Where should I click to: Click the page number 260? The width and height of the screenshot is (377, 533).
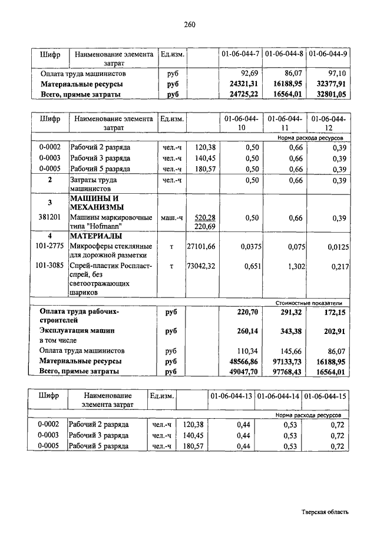188,24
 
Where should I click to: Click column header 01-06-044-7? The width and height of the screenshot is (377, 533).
240,55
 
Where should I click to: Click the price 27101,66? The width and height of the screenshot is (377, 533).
201,247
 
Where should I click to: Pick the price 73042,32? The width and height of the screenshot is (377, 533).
201,266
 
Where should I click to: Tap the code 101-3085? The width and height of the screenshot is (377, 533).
50,266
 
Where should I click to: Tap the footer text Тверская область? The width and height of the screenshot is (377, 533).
325,512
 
